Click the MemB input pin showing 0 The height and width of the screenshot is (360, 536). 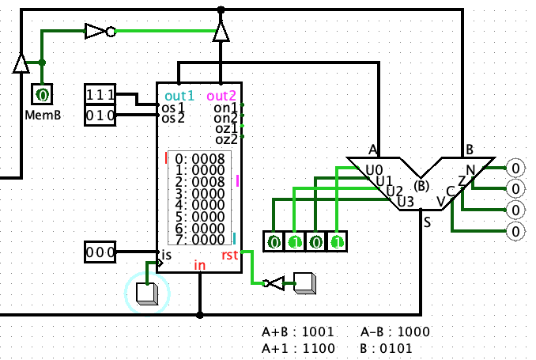coord(42,94)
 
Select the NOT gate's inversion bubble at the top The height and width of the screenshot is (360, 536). coord(111,32)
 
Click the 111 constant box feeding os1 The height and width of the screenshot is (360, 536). coord(100,94)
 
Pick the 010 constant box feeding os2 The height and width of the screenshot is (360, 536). coord(100,116)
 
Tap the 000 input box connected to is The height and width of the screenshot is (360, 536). coord(100,252)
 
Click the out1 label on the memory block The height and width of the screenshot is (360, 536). coord(179,96)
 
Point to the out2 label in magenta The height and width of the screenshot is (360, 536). coord(221,96)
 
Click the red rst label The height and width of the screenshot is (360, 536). coord(229,256)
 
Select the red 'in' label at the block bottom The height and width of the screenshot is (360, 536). coord(200,265)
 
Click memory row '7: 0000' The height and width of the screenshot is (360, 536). coord(200,240)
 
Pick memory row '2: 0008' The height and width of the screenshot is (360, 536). coord(200,181)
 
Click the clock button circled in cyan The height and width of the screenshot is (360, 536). coord(147,294)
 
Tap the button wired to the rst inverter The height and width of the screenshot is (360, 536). coord(305,283)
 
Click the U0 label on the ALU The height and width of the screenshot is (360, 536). coord(374,170)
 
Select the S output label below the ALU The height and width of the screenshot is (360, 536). coord(427,223)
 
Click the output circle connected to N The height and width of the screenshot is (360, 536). coord(515,168)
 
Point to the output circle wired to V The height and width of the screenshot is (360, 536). coord(515,231)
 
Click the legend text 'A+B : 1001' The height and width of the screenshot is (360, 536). coord(298,332)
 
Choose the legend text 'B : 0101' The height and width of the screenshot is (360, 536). coord(386,348)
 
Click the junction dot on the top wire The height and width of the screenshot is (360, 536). coord(221,10)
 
